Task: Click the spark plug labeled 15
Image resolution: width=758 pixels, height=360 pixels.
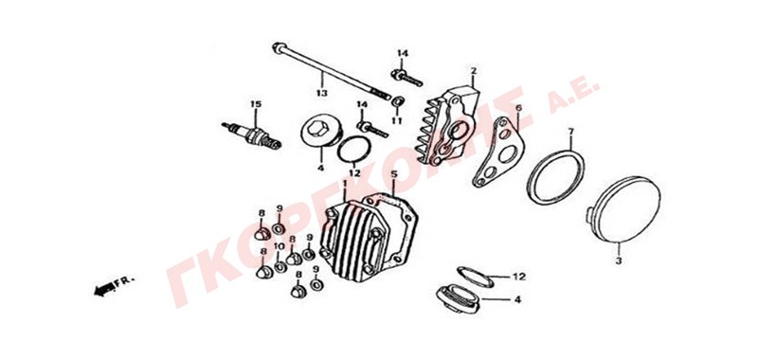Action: pyautogui.click(x=251, y=135)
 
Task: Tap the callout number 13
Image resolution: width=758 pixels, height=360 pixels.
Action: pyautogui.click(x=321, y=93)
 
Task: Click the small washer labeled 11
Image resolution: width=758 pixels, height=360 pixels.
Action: pyautogui.click(x=398, y=101)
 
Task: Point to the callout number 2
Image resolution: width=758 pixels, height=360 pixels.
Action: pyautogui.click(x=473, y=71)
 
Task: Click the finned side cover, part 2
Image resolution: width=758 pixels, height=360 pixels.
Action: pyautogui.click(x=445, y=127)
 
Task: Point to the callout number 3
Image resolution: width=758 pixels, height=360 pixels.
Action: pyautogui.click(x=620, y=261)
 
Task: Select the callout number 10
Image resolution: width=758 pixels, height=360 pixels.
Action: pyautogui.click(x=279, y=246)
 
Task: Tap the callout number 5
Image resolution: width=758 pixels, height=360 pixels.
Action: pyautogui.click(x=394, y=174)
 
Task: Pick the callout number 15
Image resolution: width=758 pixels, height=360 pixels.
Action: pyautogui.click(x=255, y=104)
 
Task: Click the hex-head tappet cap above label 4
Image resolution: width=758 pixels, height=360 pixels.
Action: pyautogui.click(x=321, y=131)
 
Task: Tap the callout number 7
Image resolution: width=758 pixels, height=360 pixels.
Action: pyautogui.click(x=570, y=131)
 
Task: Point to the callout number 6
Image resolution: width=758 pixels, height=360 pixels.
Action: pyautogui.click(x=518, y=107)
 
